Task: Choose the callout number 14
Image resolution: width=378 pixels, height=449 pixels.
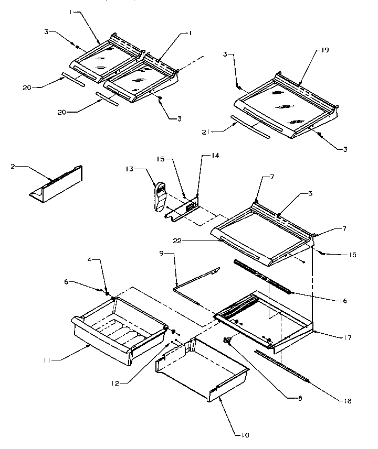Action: point(214,156)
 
